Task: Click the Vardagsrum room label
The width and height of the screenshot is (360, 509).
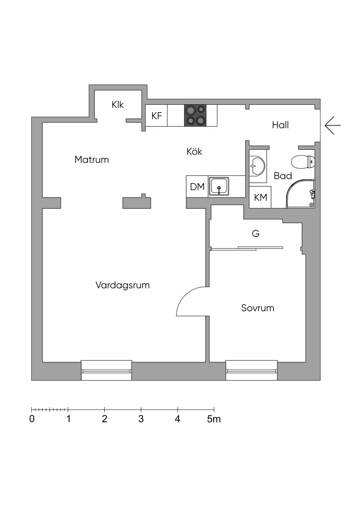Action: [122, 285]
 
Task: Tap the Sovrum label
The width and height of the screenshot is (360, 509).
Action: [257, 308]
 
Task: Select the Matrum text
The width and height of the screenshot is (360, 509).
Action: [91, 160]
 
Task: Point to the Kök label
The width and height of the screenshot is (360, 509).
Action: [194, 152]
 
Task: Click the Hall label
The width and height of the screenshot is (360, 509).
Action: [280, 125]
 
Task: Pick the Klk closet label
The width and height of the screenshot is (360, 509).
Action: [118, 105]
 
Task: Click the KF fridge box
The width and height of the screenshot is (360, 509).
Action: [156, 116]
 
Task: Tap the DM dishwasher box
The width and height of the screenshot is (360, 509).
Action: [197, 187]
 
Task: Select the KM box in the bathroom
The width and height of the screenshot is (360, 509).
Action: [261, 198]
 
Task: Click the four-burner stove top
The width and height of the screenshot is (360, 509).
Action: [195, 116]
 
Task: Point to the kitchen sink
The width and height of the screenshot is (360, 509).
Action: [219, 186]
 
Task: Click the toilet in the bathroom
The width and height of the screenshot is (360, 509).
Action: [303, 162]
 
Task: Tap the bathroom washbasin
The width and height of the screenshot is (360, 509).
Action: [257, 165]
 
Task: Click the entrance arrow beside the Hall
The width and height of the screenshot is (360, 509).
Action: [332, 125]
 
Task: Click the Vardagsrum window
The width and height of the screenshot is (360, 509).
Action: [107, 371]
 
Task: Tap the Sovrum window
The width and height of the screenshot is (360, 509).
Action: [251, 371]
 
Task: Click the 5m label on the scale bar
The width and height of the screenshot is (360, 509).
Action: [213, 419]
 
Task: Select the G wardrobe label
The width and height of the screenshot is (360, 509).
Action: [256, 233]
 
